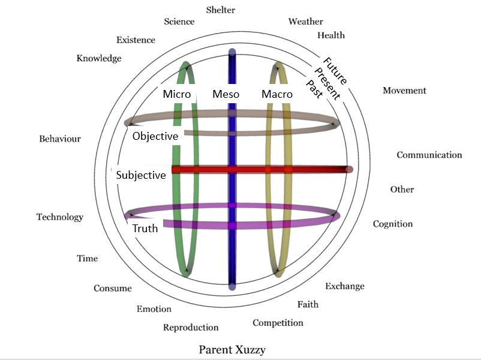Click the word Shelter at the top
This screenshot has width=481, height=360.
(221, 10)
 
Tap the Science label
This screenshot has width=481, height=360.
(179, 22)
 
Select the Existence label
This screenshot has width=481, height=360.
(136, 40)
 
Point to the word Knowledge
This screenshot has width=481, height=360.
(99, 58)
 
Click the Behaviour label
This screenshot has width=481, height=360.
(60, 139)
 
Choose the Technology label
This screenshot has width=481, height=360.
(59, 217)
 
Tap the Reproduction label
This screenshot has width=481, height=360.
(191, 327)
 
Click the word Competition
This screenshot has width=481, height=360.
(278, 323)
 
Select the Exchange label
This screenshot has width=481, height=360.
(345, 286)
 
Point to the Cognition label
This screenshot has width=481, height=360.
(393, 224)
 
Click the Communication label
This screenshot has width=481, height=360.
(429, 155)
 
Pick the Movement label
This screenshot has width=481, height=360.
(404, 91)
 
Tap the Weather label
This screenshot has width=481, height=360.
(305, 22)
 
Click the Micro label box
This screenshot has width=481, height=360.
(177, 94)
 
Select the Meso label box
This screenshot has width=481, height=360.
(226, 94)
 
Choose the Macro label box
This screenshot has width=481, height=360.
(277, 94)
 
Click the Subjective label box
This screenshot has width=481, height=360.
(141, 175)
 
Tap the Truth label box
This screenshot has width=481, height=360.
(145, 228)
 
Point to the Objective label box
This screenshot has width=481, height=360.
(155, 136)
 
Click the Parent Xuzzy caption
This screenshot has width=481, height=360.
(232, 349)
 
